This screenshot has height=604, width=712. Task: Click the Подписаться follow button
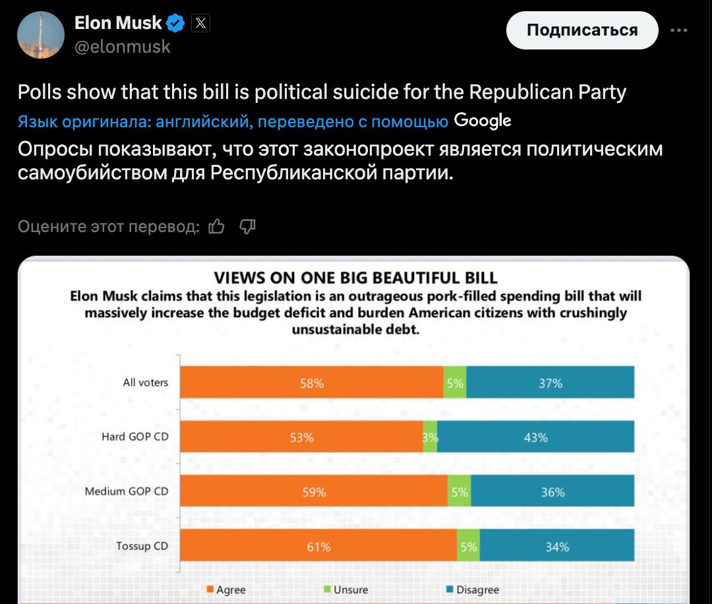[582, 30]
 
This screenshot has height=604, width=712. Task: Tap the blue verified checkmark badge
[175, 24]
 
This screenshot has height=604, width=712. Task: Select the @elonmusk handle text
[123, 47]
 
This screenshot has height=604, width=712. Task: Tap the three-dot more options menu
[678, 30]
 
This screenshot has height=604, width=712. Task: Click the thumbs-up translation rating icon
[216, 227]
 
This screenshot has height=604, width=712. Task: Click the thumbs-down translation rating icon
[247, 227]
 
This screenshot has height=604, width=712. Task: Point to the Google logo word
[483, 121]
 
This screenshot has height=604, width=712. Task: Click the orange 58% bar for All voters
[312, 383]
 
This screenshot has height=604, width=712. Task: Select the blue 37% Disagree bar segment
[550, 383]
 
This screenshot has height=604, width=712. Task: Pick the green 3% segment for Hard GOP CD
[430, 437]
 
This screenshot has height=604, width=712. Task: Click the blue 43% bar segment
[535, 437]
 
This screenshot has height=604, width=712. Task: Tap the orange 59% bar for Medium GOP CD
[314, 492]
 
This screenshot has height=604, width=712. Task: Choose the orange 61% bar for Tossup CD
[318, 546]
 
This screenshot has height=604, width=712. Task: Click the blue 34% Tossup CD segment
[557, 546]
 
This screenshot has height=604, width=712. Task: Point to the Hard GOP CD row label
[134, 437]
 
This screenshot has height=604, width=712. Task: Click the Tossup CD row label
[142, 546]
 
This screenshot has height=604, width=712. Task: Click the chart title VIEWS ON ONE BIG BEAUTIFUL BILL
[356, 277]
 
